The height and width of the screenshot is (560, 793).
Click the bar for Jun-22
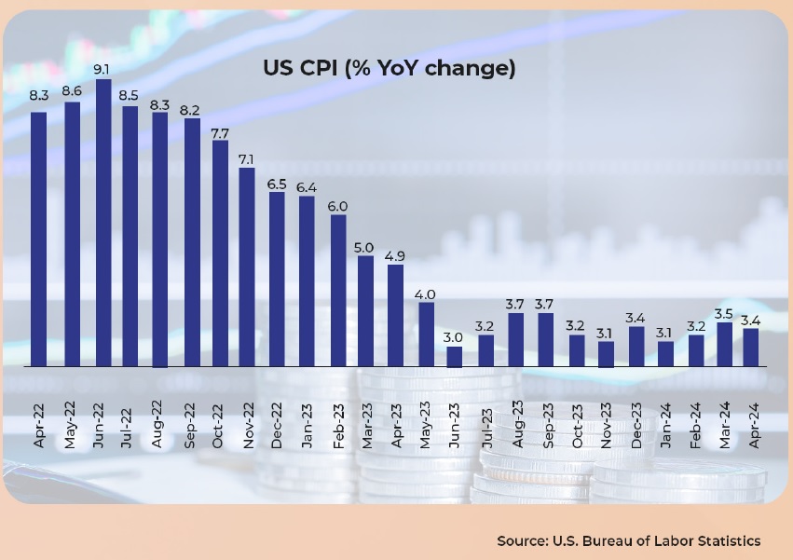[x=103, y=223]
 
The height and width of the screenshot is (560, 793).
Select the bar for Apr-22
[x=39, y=239]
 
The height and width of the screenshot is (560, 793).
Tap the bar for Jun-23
[x=455, y=357]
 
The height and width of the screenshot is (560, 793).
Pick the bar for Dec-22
[x=277, y=280]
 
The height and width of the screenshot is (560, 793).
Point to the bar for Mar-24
[x=724, y=345]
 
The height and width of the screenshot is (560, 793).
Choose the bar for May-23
[x=426, y=335]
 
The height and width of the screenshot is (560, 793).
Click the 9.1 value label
[x=103, y=68]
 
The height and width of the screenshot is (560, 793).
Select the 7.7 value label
[x=219, y=134]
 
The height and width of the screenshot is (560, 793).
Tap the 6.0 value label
[x=337, y=206]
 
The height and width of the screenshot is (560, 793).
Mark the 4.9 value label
[x=395, y=255]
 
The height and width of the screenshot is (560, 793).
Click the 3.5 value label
[x=724, y=313]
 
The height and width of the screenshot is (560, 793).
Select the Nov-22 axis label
[x=248, y=425]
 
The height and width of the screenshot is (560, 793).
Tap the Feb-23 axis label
[x=337, y=425]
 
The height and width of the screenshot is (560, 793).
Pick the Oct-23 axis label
[x=576, y=425]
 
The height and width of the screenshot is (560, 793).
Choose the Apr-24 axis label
[x=753, y=425]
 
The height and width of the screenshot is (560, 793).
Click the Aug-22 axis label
[x=158, y=425]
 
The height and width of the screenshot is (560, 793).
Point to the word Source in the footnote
[x=521, y=540]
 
